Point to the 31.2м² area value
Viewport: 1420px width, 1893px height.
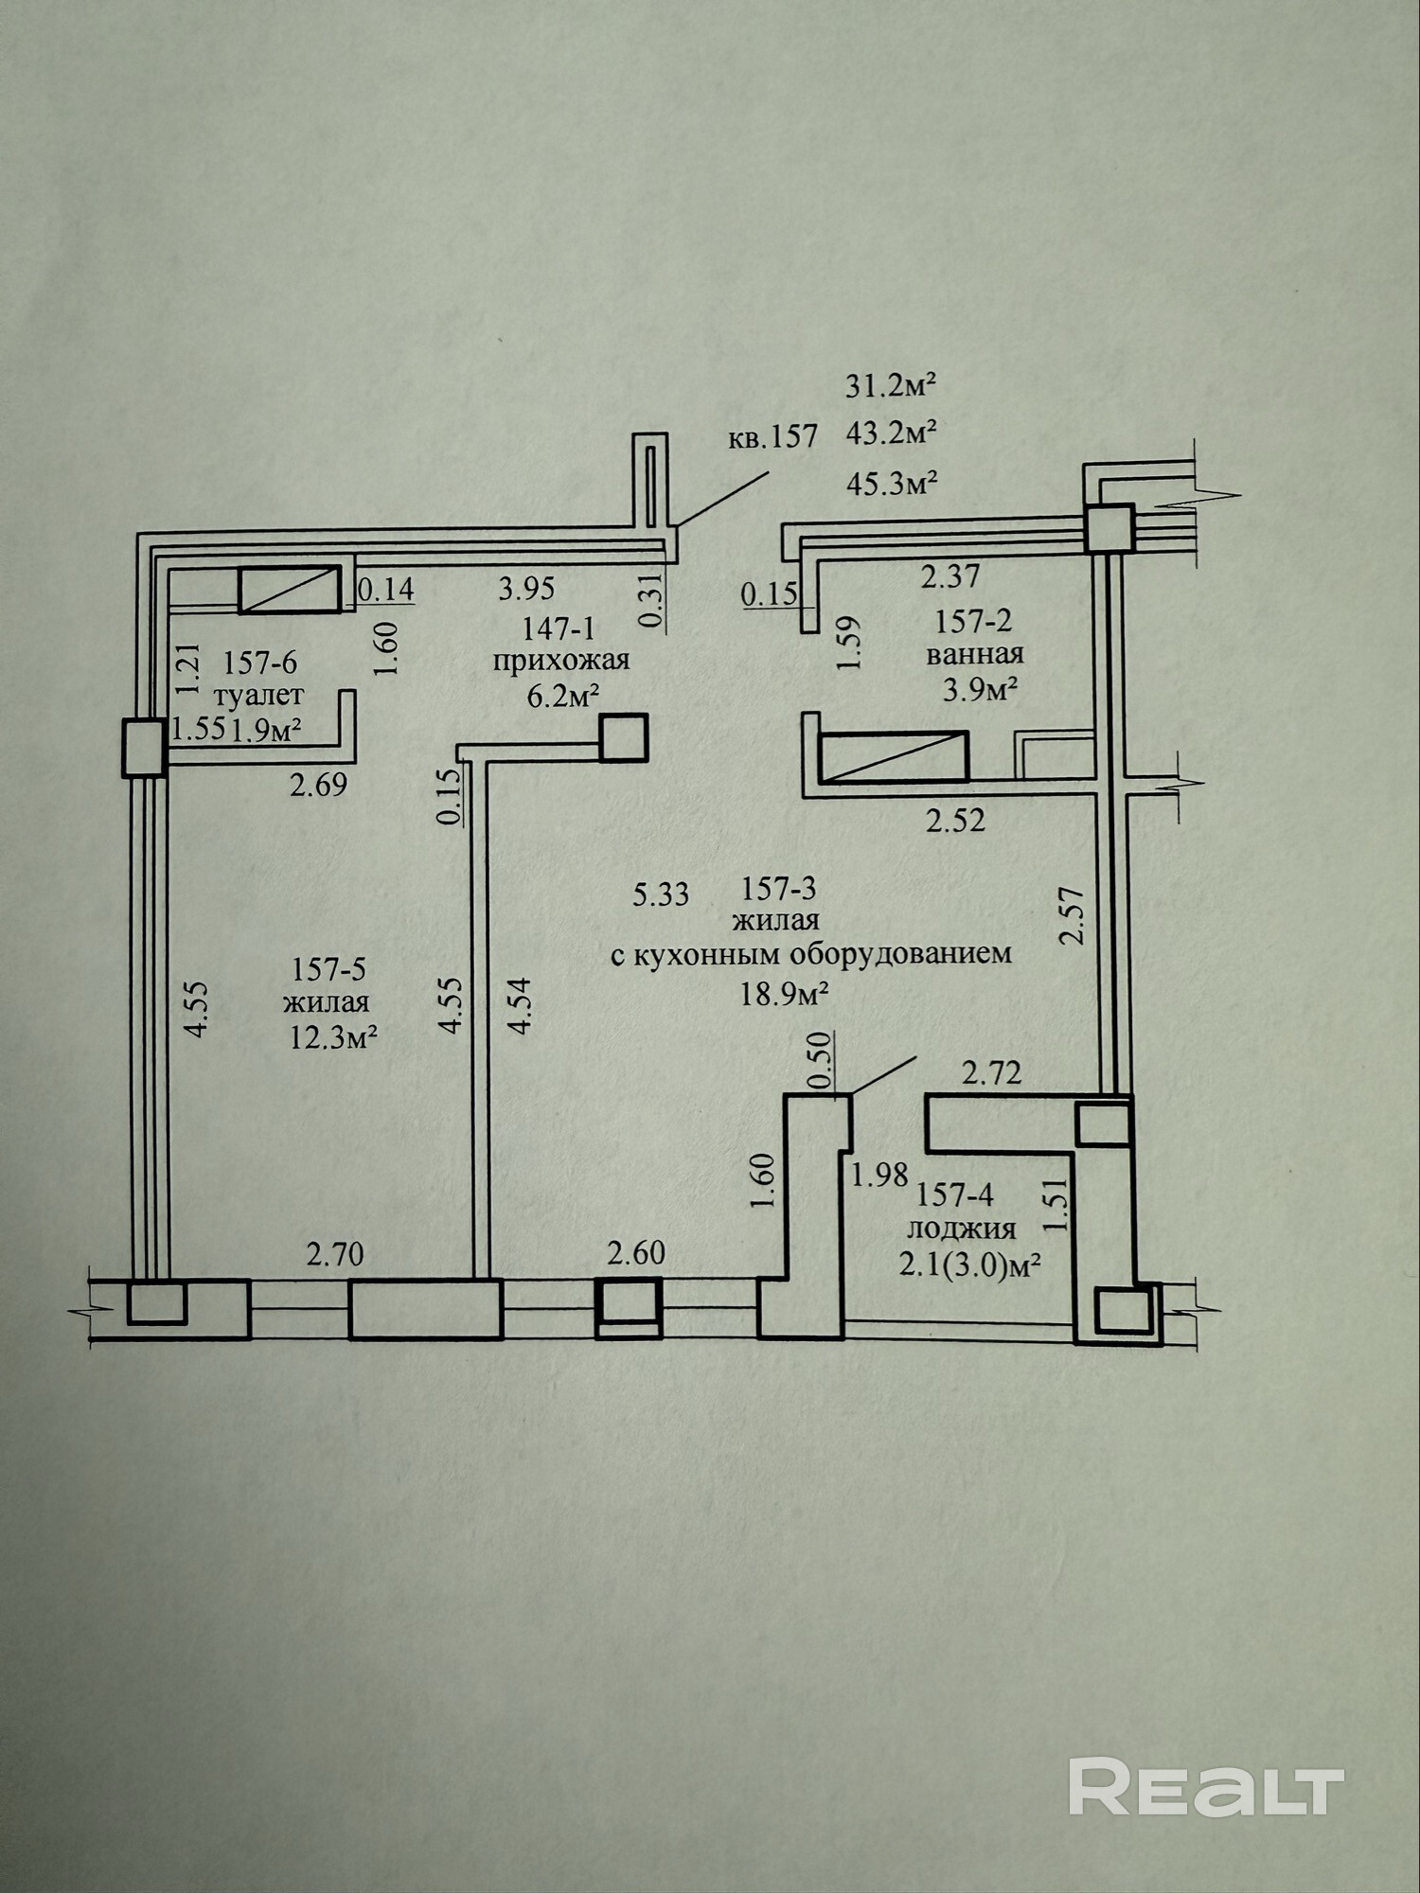pos(891,385)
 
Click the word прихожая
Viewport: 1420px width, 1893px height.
pos(560,660)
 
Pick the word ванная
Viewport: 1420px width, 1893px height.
pos(975,654)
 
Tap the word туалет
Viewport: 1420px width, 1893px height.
pos(258,695)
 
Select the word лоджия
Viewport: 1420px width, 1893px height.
pos(962,1229)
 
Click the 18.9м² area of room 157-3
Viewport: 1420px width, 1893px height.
pos(785,993)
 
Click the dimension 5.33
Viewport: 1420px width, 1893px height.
pos(661,893)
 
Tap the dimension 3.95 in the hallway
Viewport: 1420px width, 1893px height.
pos(526,589)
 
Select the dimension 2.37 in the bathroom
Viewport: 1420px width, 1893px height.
pos(951,575)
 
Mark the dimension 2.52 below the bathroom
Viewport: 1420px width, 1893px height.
pos(956,820)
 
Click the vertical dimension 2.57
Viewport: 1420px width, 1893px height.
pos(1072,914)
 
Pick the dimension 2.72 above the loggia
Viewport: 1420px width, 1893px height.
pos(992,1073)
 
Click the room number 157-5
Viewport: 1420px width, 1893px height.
pos(328,969)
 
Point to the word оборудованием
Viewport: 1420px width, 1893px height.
pos(901,953)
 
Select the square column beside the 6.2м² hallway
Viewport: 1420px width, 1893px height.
pos(624,737)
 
